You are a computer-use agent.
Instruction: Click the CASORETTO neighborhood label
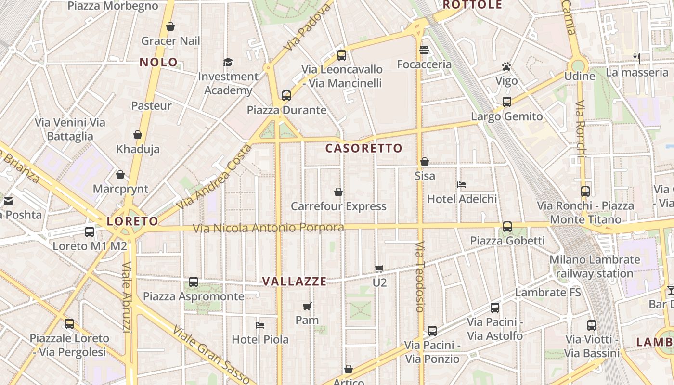(x=363, y=148)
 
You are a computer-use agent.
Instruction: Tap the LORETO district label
(x=132, y=221)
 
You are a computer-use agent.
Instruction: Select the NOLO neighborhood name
(x=158, y=62)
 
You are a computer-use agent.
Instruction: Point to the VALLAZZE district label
(x=294, y=282)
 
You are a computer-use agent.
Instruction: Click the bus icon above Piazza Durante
(x=286, y=95)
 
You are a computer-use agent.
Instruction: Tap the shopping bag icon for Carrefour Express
(x=338, y=192)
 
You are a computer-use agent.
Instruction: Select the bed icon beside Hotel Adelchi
(x=462, y=185)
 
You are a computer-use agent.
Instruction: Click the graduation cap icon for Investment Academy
(x=228, y=63)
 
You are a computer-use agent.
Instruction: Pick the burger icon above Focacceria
(x=424, y=50)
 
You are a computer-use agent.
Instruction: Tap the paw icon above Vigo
(x=506, y=66)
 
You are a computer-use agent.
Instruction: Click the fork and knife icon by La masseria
(x=637, y=58)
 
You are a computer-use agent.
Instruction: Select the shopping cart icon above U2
(x=379, y=269)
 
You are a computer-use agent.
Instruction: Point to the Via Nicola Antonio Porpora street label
(x=269, y=228)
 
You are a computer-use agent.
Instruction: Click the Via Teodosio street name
(x=420, y=277)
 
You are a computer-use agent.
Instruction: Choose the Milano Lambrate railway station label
(x=595, y=267)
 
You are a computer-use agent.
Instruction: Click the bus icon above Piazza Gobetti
(x=507, y=226)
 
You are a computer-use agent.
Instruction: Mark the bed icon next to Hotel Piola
(x=260, y=325)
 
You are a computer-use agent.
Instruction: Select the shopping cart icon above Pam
(x=307, y=306)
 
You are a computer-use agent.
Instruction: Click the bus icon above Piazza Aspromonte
(x=193, y=282)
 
